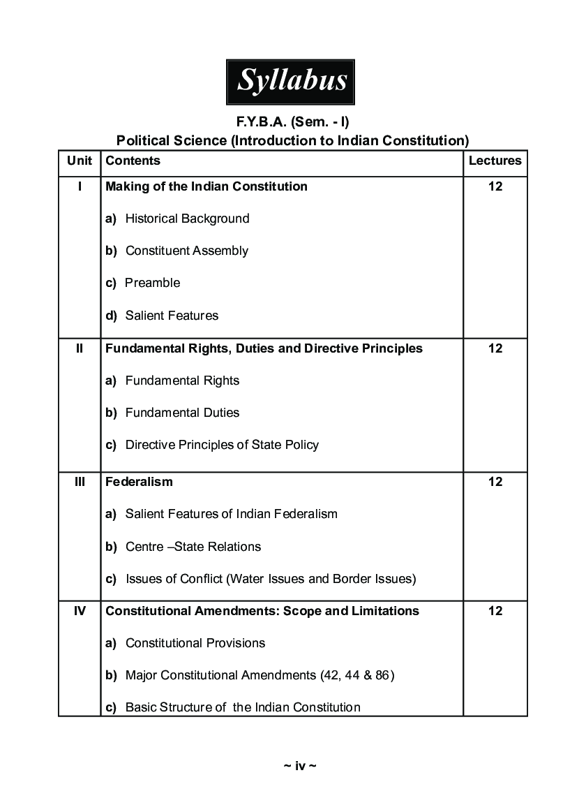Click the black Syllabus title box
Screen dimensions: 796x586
click(290, 82)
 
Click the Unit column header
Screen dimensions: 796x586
click(80, 161)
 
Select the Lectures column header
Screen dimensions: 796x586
click(495, 161)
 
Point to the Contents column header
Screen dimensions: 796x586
click(133, 161)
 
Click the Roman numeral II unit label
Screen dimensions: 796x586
click(80, 348)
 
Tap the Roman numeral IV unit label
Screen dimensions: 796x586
click(80, 611)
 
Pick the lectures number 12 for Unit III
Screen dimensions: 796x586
click(495, 482)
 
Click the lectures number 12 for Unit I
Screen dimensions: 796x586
click(495, 186)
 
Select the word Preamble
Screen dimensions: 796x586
click(152, 283)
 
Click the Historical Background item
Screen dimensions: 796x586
click(187, 219)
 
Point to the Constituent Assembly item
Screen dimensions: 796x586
click(186, 251)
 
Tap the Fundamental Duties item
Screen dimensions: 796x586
click(182, 413)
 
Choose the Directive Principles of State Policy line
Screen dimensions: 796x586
click(222, 445)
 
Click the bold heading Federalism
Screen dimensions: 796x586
click(139, 482)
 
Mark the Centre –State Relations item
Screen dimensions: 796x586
click(193, 547)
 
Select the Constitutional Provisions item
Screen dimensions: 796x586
click(195, 643)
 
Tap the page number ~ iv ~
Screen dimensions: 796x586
click(300, 766)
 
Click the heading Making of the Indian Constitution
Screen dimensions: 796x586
click(206, 186)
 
